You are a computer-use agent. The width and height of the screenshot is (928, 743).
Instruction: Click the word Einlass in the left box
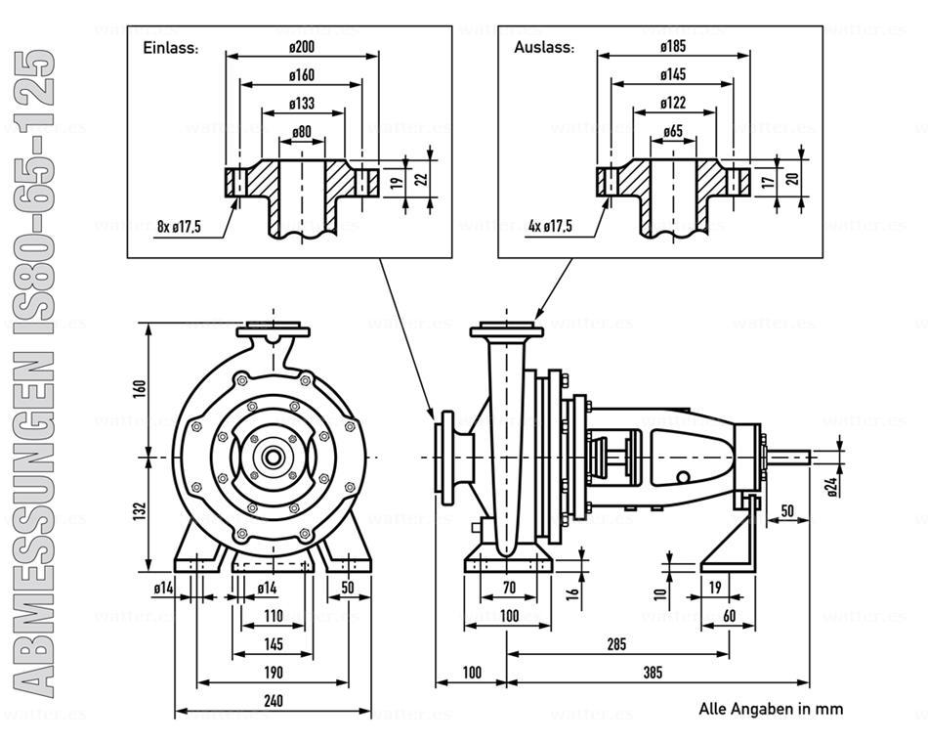(171, 47)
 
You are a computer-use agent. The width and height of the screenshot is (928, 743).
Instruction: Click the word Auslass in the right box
(543, 47)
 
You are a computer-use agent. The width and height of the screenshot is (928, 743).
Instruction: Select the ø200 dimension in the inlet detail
(302, 46)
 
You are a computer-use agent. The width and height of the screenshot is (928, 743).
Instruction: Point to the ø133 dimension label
(302, 104)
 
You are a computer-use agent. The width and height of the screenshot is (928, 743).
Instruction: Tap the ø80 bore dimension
(302, 132)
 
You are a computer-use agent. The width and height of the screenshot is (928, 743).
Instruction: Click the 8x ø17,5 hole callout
(179, 227)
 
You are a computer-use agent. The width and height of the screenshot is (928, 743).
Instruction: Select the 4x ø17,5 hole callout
(550, 227)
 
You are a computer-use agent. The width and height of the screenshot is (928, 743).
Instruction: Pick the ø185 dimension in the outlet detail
(672, 46)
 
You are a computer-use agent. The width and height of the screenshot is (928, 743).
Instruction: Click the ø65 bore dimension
(672, 132)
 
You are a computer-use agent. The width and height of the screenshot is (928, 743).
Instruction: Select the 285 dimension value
(615, 644)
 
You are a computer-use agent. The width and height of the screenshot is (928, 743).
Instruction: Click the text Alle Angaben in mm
(770, 708)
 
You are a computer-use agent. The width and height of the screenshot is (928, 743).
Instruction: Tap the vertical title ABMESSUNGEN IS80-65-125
(36, 371)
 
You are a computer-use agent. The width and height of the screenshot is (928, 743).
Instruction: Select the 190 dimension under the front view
(273, 672)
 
